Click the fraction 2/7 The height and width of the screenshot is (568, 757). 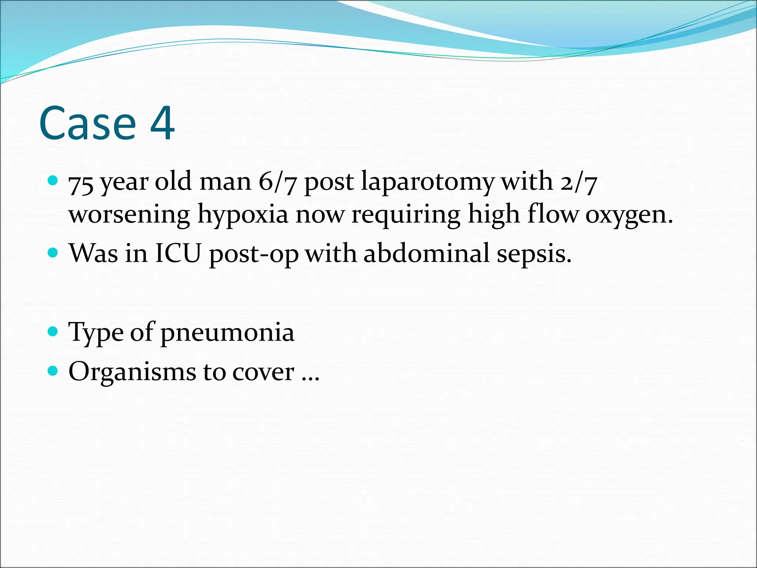pos(578,182)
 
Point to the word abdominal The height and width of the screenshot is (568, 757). pos(427,254)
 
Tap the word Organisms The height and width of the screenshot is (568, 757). pos(132,372)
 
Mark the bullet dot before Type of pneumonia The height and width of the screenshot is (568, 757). pos(53,331)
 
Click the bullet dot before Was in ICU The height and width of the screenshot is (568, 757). pos(53,253)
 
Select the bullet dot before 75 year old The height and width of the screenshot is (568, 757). pos(53,181)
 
